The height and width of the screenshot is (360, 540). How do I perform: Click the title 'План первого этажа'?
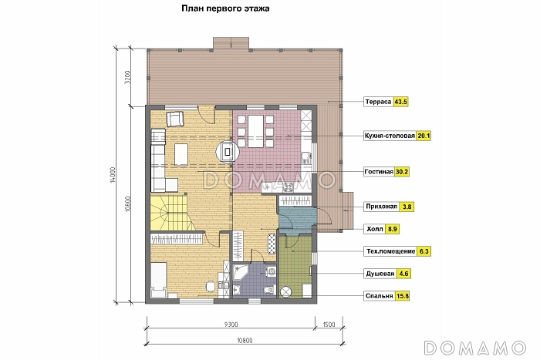[x=225, y=8]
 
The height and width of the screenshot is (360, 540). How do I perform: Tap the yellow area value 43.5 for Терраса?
[x=401, y=102]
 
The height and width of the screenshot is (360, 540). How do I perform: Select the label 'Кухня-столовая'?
[x=390, y=136]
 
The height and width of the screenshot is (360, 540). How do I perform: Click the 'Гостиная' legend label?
[x=379, y=172]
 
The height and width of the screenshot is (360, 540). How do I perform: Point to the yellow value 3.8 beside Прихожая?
[x=407, y=207]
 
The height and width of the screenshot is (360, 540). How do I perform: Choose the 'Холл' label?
[x=375, y=229]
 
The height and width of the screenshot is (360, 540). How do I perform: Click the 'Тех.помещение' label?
[x=390, y=251]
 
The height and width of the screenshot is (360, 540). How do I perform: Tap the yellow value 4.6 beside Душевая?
[x=403, y=274]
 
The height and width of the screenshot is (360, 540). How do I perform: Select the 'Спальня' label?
[x=380, y=296]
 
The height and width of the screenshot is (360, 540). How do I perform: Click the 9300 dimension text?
[x=231, y=325]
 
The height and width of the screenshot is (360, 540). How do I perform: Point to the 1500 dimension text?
[x=329, y=325]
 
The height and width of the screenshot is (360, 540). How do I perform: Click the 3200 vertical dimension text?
[x=127, y=77]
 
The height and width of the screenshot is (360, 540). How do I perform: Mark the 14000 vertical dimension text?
[x=113, y=175]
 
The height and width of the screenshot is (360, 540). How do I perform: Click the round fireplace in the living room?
[x=228, y=151]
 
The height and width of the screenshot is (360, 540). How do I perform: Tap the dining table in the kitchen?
[x=255, y=132]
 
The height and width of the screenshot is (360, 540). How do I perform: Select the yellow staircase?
[x=169, y=212]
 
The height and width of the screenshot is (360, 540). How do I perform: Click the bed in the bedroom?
[x=159, y=280]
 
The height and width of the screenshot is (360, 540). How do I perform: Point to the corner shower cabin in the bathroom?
[x=240, y=272]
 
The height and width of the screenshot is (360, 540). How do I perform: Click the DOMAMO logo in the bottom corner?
[x=475, y=348]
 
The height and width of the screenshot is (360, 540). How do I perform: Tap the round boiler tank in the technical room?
[x=286, y=292]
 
